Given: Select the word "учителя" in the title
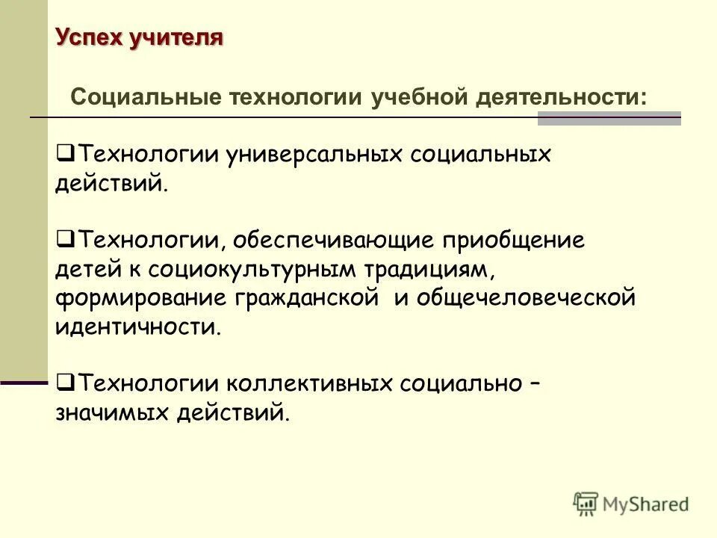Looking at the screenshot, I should (x=175, y=37).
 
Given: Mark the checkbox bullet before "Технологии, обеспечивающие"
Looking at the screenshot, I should (x=63, y=240).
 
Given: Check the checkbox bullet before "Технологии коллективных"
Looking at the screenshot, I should (x=63, y=383).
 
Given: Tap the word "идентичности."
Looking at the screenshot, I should (x=138, y=327).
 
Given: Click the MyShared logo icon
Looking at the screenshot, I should (x=586, y=504).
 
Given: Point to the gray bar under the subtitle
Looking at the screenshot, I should (x=609, y=117).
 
